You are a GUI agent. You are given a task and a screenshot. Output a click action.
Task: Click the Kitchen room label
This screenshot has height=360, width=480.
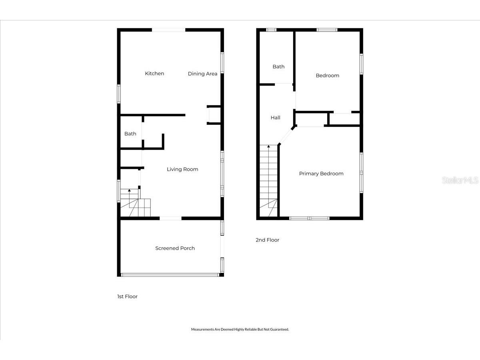[154, 74]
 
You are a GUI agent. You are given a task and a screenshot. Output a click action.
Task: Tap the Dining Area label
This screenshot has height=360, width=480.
[202, 74]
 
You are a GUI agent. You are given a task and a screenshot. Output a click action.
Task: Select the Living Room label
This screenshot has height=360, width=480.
[182, 169]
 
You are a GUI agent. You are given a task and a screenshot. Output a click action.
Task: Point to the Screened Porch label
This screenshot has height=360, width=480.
[175, 248]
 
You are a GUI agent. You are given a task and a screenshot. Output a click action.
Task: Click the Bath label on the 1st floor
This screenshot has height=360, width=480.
[130, 134]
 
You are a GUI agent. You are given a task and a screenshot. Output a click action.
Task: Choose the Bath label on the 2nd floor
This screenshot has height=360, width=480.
[278, 67]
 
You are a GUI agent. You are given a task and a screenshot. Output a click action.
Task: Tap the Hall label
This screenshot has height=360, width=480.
[275, 118]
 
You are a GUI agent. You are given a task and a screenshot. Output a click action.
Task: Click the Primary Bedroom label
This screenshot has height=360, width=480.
[321, 174]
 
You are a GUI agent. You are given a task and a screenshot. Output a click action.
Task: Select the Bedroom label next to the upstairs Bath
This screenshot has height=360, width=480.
[327, 76]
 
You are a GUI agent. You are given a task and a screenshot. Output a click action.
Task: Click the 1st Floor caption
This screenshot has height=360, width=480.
[127, 297]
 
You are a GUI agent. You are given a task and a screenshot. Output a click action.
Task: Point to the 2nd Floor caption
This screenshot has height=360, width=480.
[267, 240]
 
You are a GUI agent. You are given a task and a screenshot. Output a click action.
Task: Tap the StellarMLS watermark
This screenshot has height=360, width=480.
[460, 180]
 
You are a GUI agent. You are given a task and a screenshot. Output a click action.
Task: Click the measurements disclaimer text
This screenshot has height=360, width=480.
[240, 329]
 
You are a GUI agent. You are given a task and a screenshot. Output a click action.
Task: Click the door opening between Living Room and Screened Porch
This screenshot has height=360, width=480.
[170, 218]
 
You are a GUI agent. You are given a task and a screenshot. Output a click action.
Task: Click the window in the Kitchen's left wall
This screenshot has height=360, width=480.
[119, 94]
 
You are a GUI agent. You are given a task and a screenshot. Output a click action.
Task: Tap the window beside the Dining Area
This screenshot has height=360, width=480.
[222, 63]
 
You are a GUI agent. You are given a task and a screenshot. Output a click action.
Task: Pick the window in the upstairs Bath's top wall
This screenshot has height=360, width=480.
[271, 30]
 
